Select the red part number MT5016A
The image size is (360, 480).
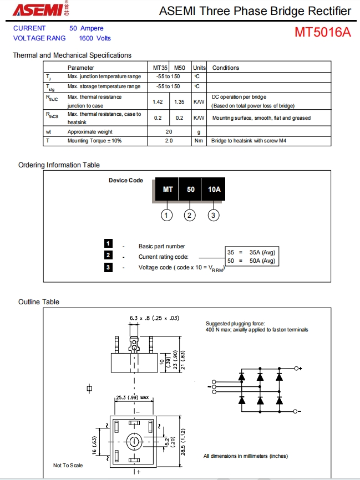point(322,32)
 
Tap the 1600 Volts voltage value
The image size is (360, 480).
point(95,38)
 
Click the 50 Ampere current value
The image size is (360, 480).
point(86,28)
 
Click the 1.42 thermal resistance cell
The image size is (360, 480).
point(158,102)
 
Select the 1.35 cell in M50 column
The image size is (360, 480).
point(179,102)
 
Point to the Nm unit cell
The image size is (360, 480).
point(199,141)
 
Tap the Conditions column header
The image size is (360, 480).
point(226,68)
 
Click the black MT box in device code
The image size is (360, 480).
point(168,190)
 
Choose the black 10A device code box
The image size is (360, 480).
point(214,190)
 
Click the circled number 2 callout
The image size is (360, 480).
point(190,215)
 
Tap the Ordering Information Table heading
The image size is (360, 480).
point(59,165)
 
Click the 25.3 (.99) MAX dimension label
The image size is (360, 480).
point(134,397)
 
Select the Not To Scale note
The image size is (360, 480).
point(68,465)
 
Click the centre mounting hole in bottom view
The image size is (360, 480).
point(134,442)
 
